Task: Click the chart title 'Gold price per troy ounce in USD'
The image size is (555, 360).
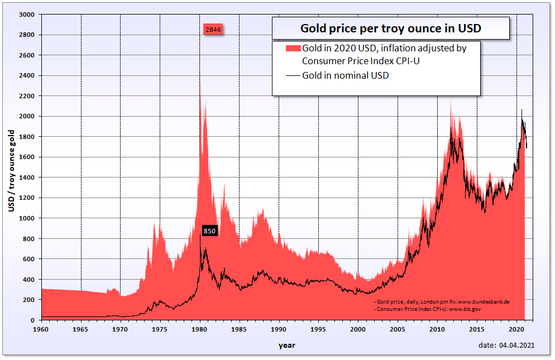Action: [390, 28]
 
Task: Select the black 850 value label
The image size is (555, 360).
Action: [209, 231]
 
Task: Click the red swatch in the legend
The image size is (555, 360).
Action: [293, 48]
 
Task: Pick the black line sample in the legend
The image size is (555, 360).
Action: [293, 75]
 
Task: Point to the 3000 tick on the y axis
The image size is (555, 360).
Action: [27, 15]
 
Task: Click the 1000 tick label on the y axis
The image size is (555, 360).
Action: [27, 218]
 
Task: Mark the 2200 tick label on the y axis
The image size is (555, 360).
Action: [27, 96]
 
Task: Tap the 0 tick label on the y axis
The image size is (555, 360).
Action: [33, 320]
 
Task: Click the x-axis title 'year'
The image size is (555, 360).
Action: [287, 345]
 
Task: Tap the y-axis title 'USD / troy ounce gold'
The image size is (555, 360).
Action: [11, 170]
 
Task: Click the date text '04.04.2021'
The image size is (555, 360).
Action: [518, 345]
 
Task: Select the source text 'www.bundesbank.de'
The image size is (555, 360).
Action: [484, 301]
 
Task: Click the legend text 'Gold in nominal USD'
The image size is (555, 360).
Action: [345, 75]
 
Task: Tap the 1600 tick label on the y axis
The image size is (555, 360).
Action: [27, 157]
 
